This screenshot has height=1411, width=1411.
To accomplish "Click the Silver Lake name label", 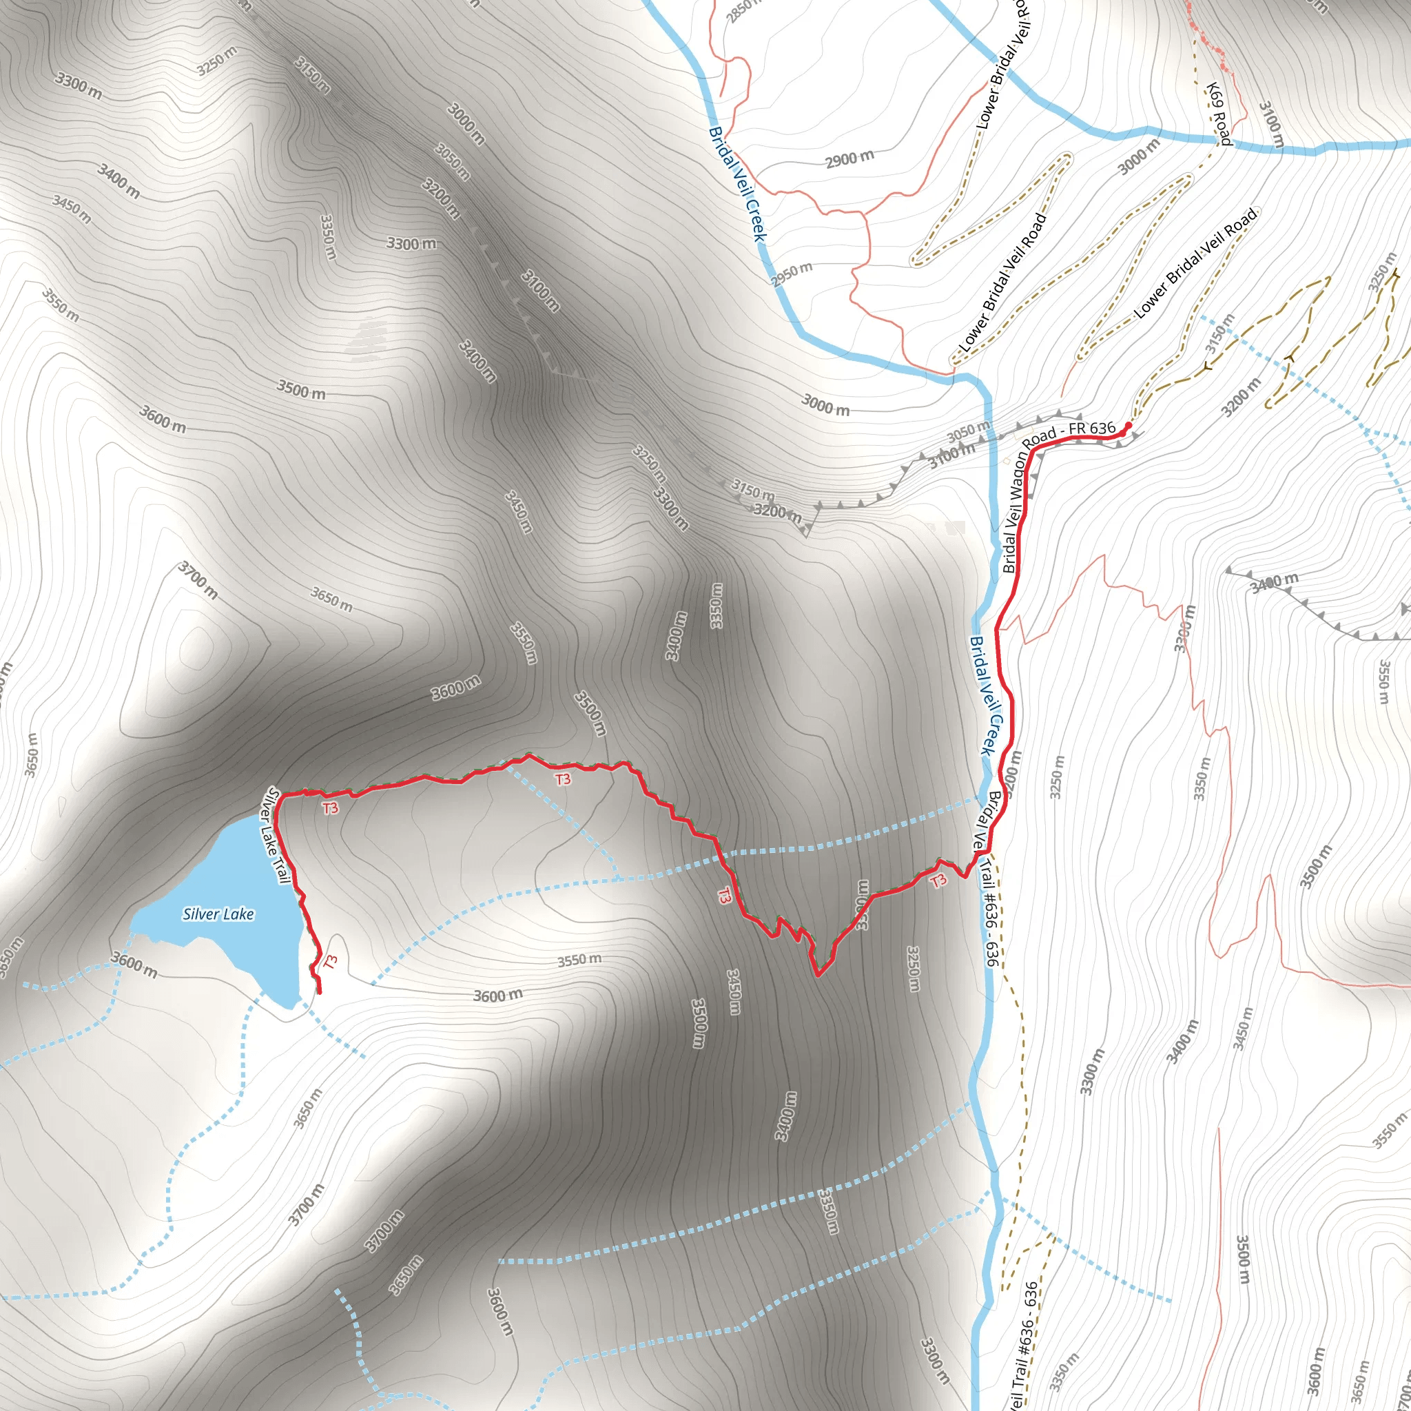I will point(218,914).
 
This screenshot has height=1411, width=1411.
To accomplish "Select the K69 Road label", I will point(1218,114).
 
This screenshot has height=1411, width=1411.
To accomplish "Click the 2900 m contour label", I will point(849,158).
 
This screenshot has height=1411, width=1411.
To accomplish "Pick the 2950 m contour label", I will point(792,274).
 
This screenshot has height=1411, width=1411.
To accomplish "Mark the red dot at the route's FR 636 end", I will point(1129,424).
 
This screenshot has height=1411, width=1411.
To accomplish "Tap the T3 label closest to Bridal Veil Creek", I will point(938,880).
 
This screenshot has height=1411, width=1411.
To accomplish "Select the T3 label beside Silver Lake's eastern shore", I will point(331,962).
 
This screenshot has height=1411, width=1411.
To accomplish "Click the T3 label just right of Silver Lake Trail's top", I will point(330,807).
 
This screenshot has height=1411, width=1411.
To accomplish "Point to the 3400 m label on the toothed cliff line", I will point(1274,583).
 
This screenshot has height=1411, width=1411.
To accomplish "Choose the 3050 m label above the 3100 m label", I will point(969,431).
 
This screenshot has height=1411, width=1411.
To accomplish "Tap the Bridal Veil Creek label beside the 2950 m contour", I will point(738,185).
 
